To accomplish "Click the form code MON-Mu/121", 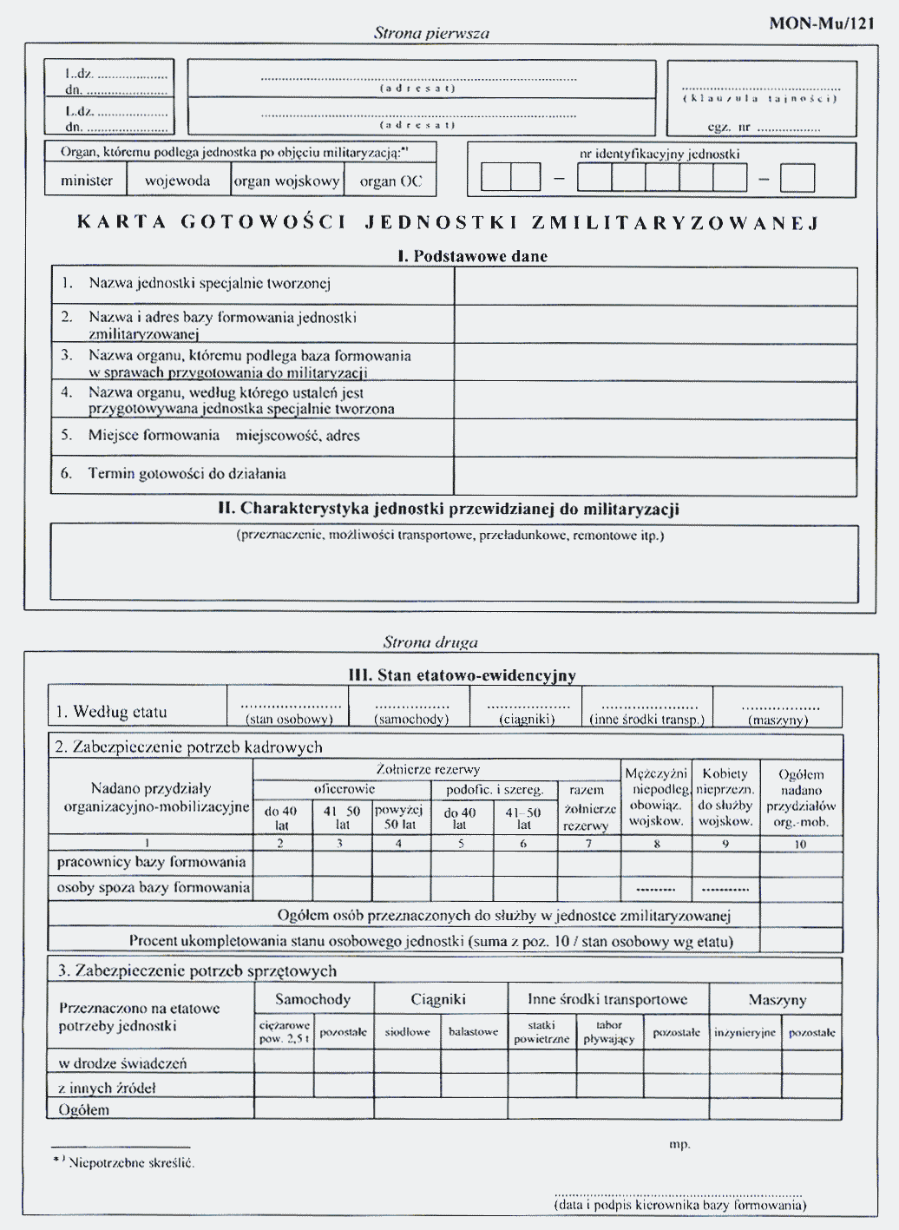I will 821,23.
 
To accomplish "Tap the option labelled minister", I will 86,181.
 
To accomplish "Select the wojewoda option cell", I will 178,181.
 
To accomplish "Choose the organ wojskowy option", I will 287,181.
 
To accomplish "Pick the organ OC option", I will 390,181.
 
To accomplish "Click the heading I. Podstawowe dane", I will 472,256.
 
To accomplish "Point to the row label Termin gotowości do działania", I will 187,474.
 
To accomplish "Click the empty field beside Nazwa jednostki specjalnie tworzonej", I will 655,286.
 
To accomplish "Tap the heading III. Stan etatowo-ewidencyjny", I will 462,675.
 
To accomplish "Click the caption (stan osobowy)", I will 289,720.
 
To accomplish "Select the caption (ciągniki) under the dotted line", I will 527,720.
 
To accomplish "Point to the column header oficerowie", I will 344,789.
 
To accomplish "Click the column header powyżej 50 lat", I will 399,817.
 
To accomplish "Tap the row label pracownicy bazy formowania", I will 151,862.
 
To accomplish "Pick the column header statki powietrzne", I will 541,1032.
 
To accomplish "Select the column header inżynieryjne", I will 745,1032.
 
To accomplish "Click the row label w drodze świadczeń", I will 122,1063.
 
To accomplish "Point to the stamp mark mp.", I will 679,1144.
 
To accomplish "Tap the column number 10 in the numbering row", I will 800,844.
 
